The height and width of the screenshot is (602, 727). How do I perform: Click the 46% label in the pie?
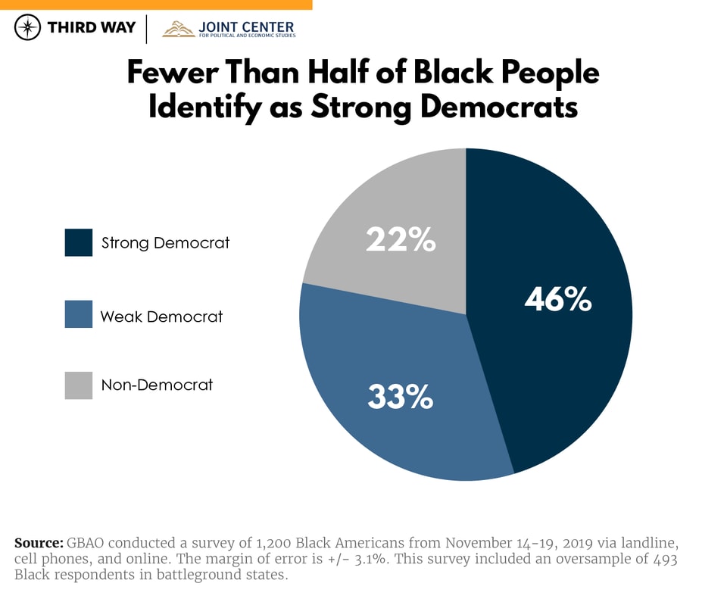[x=558, y=300]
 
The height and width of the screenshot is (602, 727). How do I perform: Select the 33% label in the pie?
[x=400, y=397]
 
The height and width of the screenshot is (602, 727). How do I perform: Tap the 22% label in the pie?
[x=401, y=240]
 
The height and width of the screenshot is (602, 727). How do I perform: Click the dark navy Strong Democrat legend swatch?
[x=79, y=243]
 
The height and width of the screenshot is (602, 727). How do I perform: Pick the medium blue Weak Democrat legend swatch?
[x=79, y=314]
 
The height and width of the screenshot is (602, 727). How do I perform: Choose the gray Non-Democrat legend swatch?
[x=79, y=385]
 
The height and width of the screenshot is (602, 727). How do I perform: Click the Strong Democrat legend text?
[x=165, y=243]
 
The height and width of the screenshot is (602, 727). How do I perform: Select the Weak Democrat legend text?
[x=162, y=317]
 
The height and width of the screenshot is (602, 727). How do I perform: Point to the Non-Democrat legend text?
[x=157, y=385]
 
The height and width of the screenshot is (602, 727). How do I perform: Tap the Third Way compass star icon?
[x=28, y=28]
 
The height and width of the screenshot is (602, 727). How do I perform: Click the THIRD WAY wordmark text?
[x=92, y=28]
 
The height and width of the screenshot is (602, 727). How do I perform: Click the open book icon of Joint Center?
[x=179, y=30]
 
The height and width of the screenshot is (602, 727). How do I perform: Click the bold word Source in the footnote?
[x=39, y=543]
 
